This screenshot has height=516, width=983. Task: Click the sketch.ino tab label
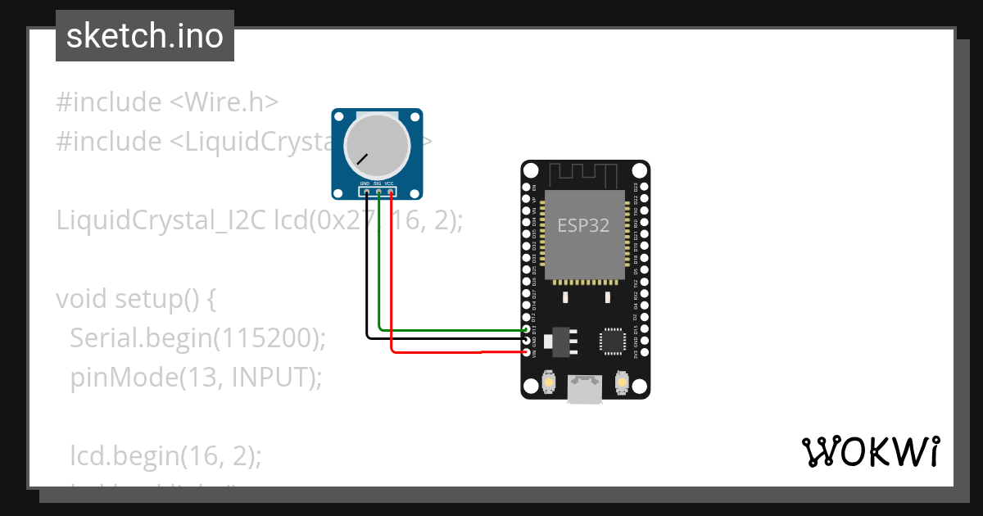tap(144, 36)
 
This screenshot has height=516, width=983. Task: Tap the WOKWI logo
tap(869, 451)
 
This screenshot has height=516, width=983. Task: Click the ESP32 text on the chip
tap(583, 225)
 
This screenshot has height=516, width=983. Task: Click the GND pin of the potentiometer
tap(366, 192)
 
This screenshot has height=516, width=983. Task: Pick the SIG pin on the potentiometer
tap(378, 192)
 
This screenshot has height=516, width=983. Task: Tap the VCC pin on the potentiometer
tap(391, 192)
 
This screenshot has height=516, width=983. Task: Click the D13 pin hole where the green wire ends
tap(527, 329)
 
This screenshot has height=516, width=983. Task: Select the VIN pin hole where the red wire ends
tap(527, 352)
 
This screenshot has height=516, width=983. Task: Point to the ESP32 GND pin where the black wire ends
tap(527, 341)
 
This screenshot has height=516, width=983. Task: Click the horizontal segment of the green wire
tap(451, 330)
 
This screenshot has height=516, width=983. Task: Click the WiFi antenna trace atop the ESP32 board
tap(583, 174)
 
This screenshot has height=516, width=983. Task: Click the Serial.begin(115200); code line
tap(197, 337)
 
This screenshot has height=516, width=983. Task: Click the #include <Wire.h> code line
tap(167, 102)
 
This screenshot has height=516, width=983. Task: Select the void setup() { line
tap(136, 298)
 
